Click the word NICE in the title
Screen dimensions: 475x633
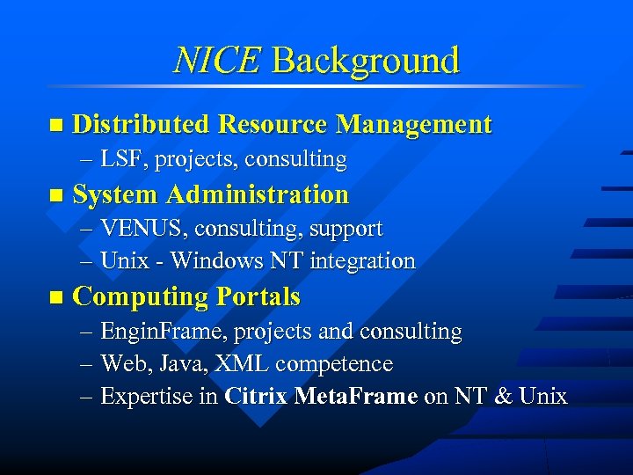click(217, 61)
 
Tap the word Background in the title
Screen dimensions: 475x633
click(366, 61)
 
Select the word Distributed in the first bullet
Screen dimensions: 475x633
click(141, 124)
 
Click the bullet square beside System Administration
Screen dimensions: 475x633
click(57, 195)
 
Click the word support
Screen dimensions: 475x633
click(346, 229)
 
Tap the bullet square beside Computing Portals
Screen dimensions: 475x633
click(57, 298)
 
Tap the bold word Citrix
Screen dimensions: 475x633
click(256, 397)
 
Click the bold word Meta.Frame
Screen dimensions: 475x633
click(356, 397)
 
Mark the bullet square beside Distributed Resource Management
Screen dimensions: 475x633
click(57, 126)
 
